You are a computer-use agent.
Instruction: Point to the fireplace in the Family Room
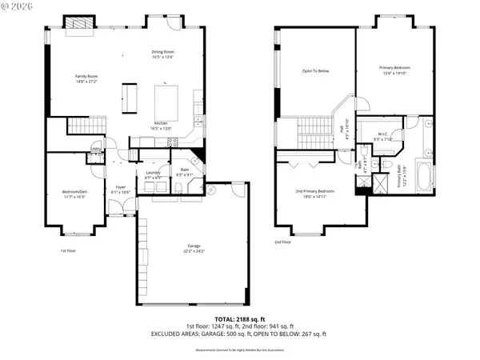[78, 24]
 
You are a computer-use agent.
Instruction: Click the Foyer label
[120, 190]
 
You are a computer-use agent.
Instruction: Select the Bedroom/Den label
[74, 193]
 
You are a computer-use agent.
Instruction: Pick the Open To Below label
[315, 71]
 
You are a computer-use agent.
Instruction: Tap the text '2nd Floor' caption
[282, 242]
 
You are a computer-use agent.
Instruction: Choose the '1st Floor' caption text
[70, 250]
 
